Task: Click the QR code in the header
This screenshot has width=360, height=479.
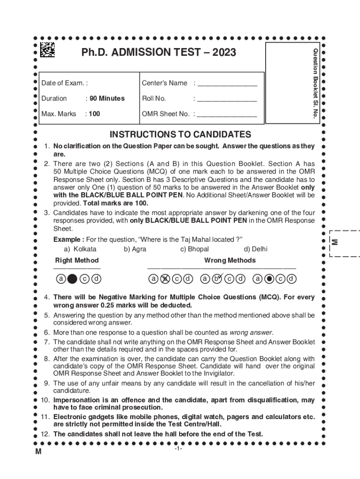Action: point(47,50)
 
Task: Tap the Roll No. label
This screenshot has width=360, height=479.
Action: point(154,98)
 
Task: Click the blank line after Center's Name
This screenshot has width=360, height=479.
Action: point(227,84)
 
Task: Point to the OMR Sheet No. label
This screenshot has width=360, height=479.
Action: point(166,114)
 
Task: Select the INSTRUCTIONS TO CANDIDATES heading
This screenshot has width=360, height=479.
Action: point(180,135)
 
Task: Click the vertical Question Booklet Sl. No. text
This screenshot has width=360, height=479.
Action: point(316,83)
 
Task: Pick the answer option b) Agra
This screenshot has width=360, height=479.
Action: point(135,249)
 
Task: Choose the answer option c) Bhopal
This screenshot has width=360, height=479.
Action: point(194,249)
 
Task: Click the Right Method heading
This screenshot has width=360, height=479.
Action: point(77,260)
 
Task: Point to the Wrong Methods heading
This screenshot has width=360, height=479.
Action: point(230,260)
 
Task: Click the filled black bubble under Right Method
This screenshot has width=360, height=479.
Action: point(72,279)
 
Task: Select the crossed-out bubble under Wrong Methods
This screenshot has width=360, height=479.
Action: point(165,279)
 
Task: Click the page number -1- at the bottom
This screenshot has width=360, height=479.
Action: point(178,449)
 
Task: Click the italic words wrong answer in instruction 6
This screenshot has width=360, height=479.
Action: point(251,332)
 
